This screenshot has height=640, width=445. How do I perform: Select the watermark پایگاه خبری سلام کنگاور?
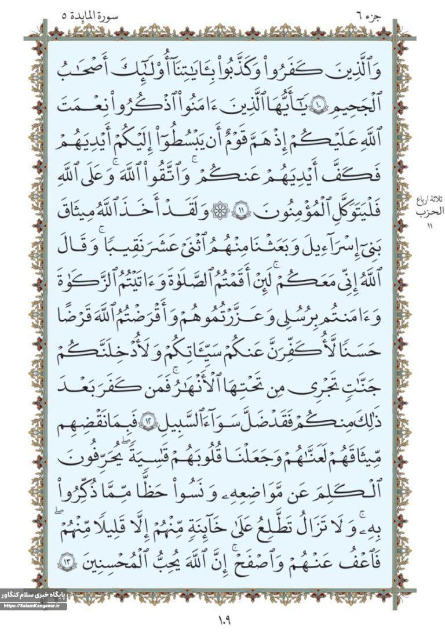point(33,596)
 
